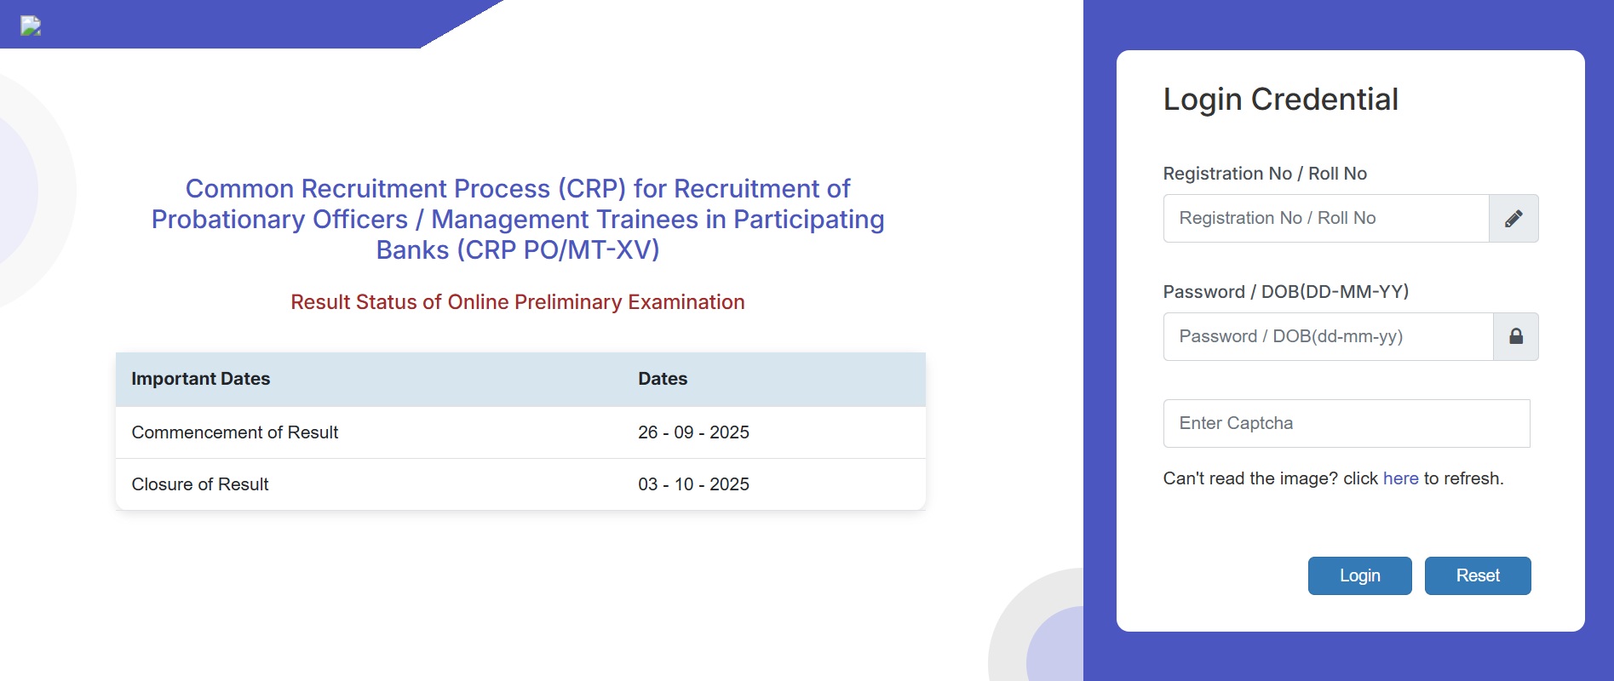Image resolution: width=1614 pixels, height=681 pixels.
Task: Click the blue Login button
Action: (x=1359, y=575)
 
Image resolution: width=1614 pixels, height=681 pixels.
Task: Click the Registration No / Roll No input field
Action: (x=1326, y=218)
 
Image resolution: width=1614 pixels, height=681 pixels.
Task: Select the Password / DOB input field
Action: (x=1328, y=336)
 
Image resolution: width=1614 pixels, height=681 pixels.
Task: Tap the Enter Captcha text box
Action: (x=1347, y=423)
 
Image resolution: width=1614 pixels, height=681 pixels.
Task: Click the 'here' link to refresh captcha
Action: (x=1400, y=478)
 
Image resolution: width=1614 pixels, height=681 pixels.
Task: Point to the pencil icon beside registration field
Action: (x=1513, y=219)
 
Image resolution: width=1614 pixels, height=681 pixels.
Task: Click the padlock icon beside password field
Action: (x=1516, y=336)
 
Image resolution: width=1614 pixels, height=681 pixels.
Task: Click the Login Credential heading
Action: (x=1281, y=100)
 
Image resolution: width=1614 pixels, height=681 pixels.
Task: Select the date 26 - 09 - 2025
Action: (x=693, y=432)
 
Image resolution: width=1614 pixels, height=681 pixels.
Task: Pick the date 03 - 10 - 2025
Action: (x=693, y=484)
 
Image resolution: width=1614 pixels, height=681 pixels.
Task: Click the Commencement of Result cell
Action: (x=235, y=432)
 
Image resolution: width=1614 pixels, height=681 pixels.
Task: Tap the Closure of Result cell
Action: (x=200, y=484)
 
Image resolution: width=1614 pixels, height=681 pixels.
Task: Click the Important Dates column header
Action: (x=201, y=379)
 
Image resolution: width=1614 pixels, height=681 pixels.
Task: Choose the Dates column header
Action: (x=663, y=379)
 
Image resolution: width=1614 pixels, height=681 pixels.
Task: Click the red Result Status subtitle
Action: (x=518, y=302)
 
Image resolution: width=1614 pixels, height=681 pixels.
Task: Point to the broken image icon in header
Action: (x=31, y=26)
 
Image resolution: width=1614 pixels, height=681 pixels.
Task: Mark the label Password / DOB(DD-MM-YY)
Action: (x=1286, y=292)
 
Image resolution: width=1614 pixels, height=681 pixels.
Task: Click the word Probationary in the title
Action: (x=279, y=220)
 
